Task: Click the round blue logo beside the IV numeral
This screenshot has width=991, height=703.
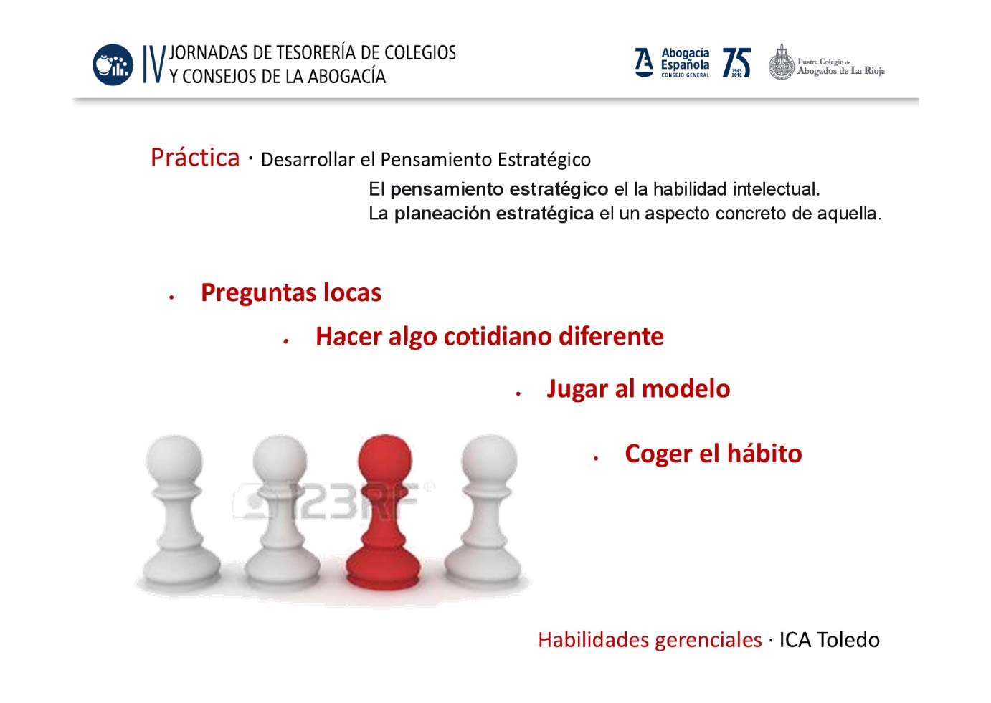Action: pos(113,64)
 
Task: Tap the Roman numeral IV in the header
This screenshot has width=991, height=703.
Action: pos(154,64)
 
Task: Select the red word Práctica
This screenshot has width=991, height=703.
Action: pos(195,158)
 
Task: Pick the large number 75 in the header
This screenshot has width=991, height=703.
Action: pos(736,63)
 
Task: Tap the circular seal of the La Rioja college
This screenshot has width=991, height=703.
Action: pos(782,63)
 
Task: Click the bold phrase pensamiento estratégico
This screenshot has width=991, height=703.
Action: pos(499,190)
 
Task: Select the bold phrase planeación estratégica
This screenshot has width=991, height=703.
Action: pos(494,214)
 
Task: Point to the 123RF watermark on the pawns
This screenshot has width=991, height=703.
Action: pos(333,500)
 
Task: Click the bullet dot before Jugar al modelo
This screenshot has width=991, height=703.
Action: pos(518,393)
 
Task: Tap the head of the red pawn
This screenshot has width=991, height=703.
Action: pos(384,458)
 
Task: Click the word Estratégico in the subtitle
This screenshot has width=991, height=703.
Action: pos(544,160)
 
